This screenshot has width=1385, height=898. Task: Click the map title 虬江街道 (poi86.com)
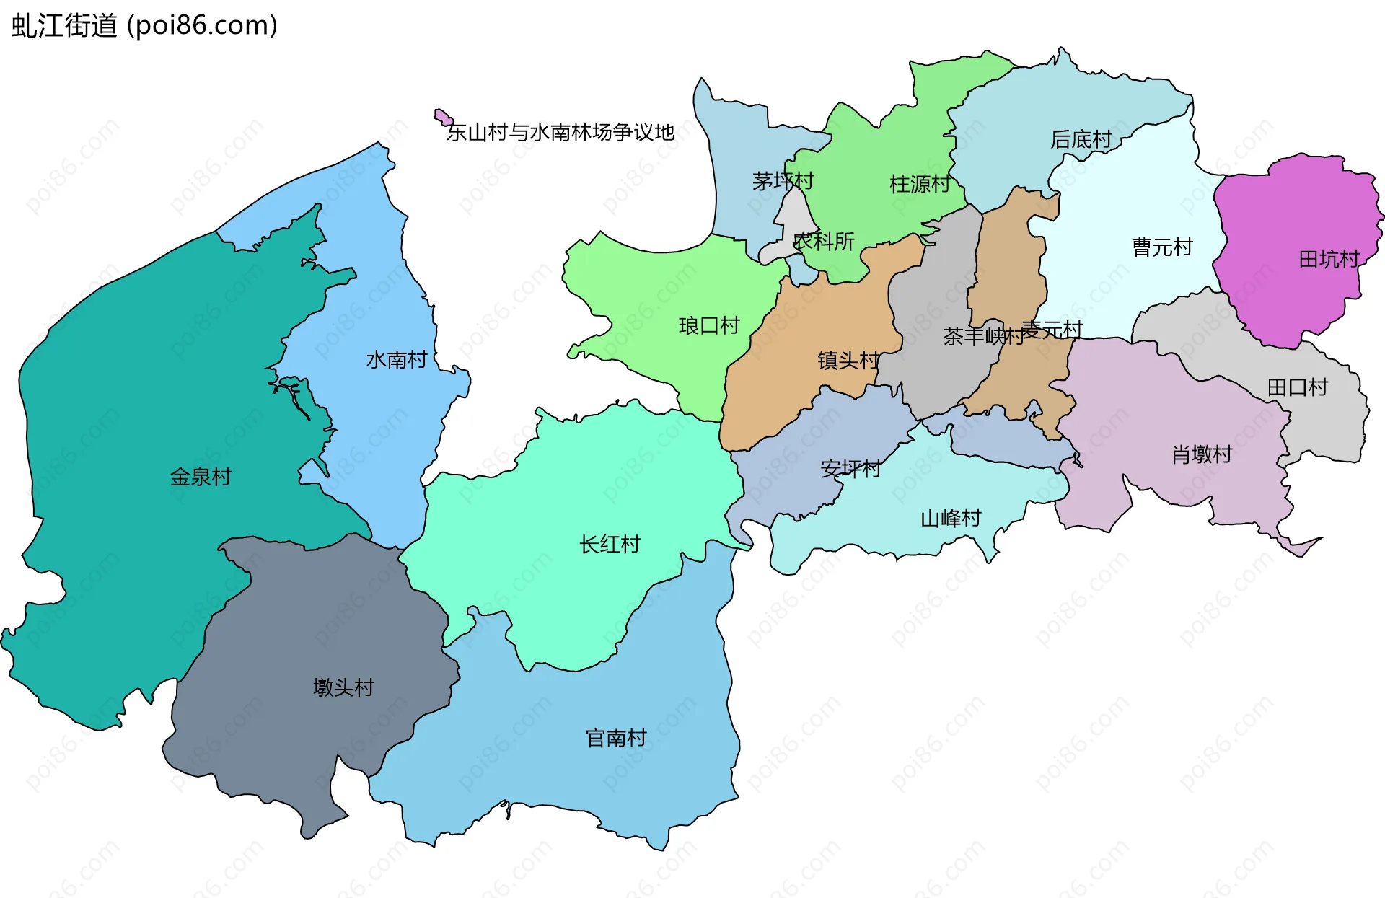click(144, 26)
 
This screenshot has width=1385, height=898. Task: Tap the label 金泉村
click(201, 477)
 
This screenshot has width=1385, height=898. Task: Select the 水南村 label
click(396, 359)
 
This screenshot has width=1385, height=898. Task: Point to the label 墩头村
click(343, 687)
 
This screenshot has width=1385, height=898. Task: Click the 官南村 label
click(615, 738)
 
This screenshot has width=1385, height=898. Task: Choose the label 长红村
click(610, 545)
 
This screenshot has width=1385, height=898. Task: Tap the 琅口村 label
click(709, 326)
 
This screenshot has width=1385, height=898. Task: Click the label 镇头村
click(848, 360)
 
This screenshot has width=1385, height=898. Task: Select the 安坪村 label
click(850, 469)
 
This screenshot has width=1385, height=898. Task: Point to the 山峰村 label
click(951, 518)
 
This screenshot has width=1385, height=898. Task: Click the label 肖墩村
click(1202, 454)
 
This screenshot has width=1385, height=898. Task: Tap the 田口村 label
click(1297, 387)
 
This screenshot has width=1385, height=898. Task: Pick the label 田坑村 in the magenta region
click(1329, 259)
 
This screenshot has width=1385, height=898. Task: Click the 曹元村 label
click(1162, 247)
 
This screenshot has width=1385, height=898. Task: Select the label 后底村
click(1081, 139)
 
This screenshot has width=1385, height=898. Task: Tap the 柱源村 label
click(920, 184)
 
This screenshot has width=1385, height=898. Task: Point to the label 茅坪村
click(783, 180)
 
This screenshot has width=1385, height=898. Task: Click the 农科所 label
click(824, 241)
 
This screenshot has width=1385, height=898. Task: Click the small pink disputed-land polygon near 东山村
click(442, 117)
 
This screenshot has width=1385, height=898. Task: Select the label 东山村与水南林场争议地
click(560, 132)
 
